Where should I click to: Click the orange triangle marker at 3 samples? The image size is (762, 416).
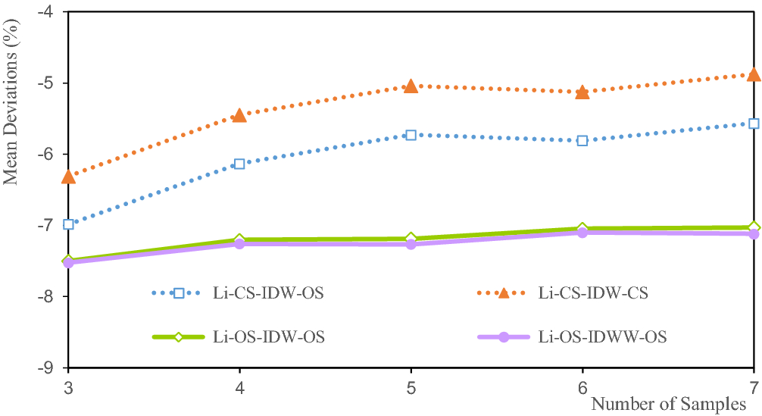click(69, 177)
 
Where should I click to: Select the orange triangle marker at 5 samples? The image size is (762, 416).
click(411, 86)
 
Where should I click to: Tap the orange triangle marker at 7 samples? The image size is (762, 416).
click(754, 75)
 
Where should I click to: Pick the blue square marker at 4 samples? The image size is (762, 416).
click(240, 164)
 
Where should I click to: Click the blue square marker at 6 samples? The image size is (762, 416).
click(582, 140)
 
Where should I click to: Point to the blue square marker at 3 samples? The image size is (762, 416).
click(69, 224)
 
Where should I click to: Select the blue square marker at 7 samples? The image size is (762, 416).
click(754, 124)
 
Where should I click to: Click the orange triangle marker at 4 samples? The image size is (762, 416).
click(240, 115)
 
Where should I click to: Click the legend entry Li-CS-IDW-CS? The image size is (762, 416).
click(593, 293)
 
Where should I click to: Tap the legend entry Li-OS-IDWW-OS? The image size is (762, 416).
click(602, 337)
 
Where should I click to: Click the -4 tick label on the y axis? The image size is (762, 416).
click(44, 12)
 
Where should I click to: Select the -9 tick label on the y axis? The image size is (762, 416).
click(44, 368)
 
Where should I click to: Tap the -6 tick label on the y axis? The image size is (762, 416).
click(44, 155)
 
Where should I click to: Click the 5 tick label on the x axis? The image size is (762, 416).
click(411, 386)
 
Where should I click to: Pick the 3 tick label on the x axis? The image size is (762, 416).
click(69, 386)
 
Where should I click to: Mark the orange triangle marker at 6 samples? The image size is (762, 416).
click(582, 92)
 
